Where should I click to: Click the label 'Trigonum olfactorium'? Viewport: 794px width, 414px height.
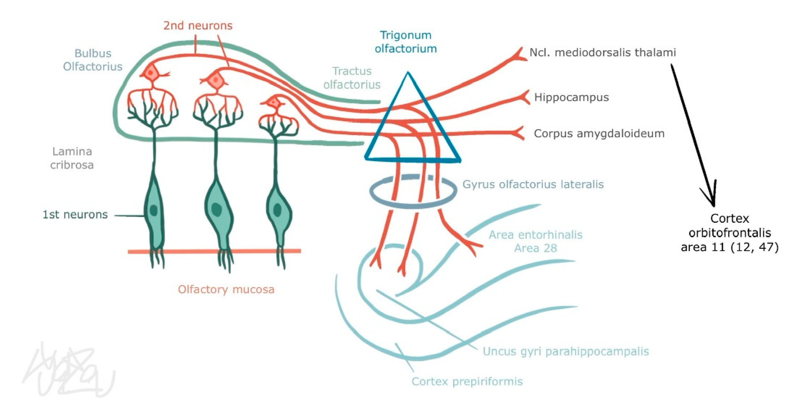click(406, 42)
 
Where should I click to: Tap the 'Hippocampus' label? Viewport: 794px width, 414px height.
click(571, 98)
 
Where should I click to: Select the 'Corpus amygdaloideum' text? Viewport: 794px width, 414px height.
click(599, 133)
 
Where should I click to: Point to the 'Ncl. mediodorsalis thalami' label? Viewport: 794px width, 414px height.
click(602, 53)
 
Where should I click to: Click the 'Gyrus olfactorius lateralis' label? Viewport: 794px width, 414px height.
click(533, 184)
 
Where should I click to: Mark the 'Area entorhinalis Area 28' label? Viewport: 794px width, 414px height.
click(535, 241)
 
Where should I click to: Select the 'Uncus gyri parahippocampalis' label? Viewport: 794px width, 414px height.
click(565, 351)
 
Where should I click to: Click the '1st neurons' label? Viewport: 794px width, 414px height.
click(75, 214)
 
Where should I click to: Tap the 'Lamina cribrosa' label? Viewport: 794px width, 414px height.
click(72, 158)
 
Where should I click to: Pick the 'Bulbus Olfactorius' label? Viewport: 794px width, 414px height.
click(92, 60)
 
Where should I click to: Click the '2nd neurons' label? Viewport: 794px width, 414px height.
click(198, 26)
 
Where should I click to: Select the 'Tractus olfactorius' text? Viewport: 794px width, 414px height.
click(352, 78)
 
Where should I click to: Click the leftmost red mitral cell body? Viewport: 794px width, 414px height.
click(151, 73)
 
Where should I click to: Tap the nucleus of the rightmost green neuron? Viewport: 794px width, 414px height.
click(277, 210)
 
